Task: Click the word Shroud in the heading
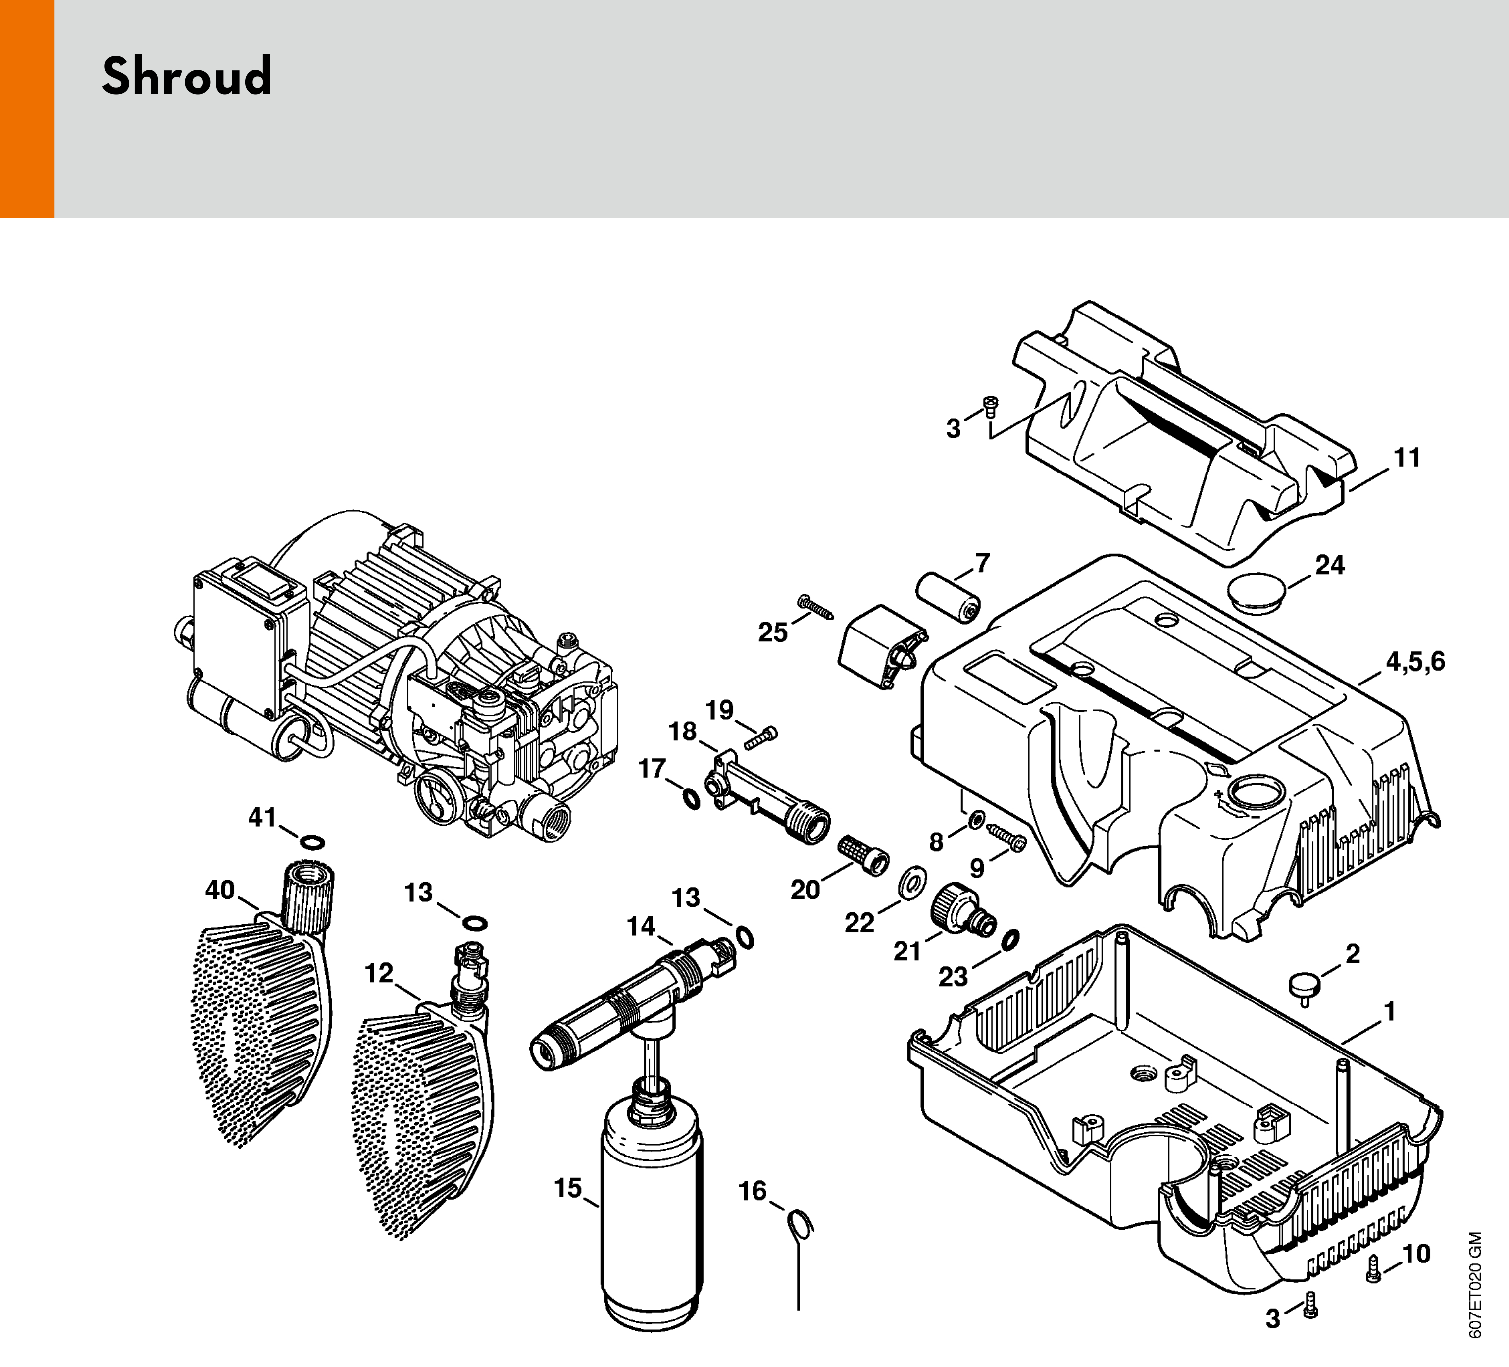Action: (187, 76)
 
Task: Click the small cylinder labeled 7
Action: (949, 597)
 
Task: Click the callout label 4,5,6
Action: (1415, 662)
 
